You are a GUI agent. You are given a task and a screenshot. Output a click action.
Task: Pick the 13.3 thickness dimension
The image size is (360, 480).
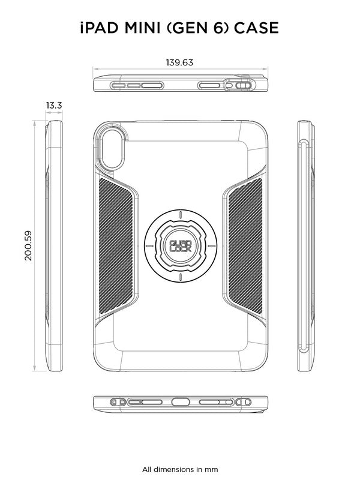54,106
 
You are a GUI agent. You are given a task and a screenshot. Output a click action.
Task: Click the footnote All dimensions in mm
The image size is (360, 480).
180,469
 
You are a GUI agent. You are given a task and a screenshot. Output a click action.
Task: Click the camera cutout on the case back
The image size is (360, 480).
112,148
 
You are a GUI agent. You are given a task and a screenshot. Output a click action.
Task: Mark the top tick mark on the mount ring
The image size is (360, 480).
180,215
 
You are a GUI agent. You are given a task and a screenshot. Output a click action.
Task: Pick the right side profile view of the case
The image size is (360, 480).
307,246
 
